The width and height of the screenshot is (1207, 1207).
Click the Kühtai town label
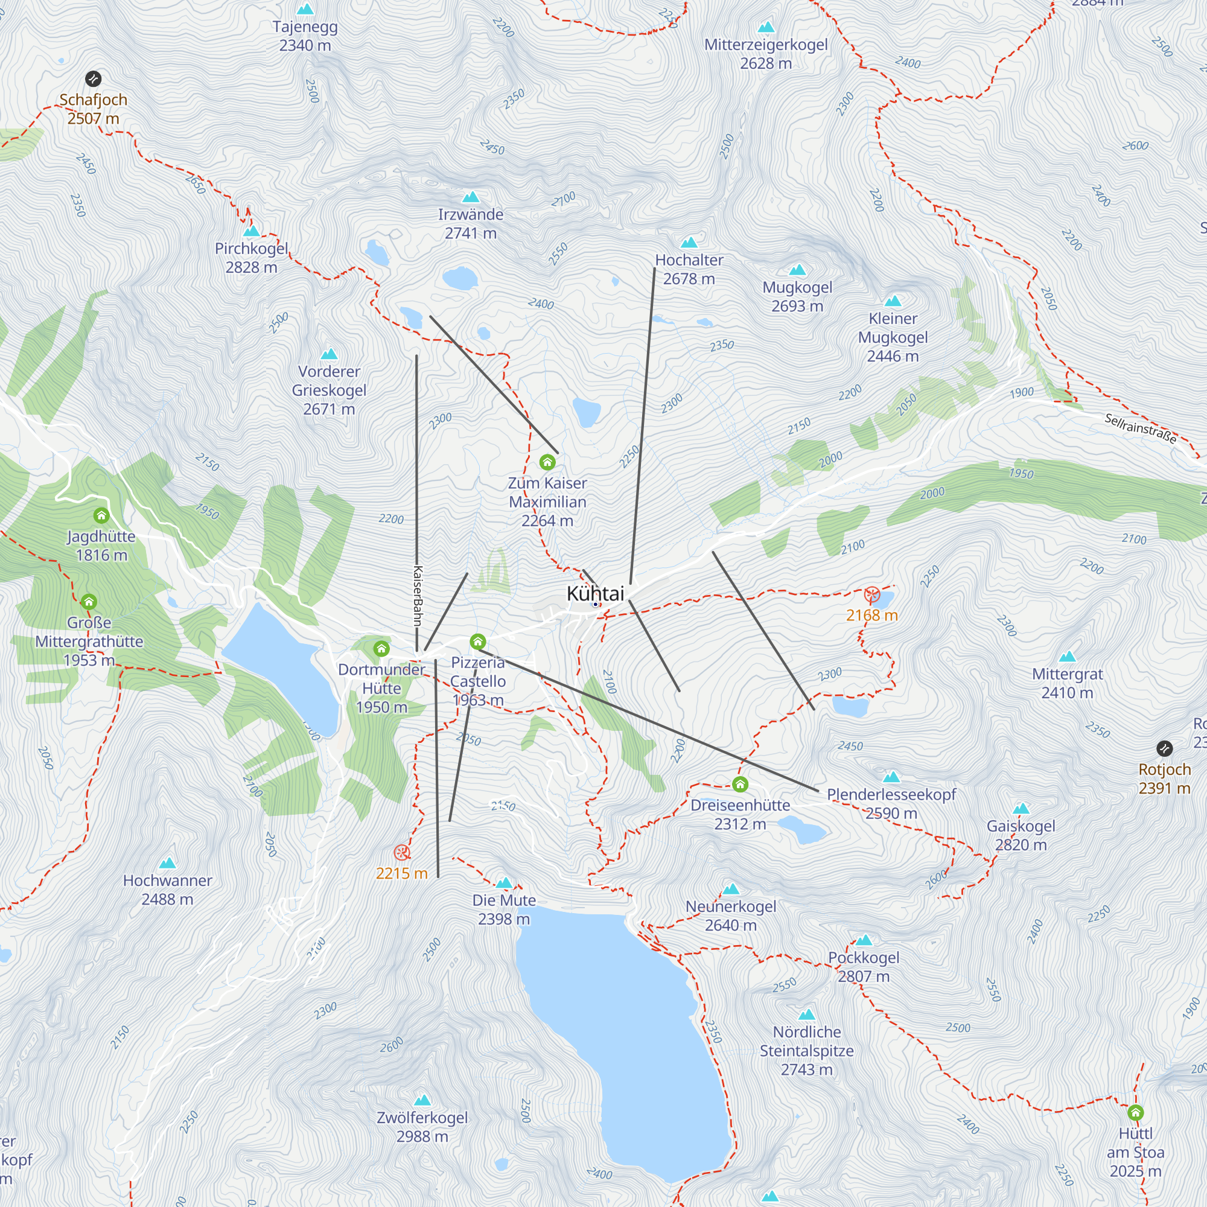(595, 593)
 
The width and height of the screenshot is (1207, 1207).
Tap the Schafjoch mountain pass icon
(93, 78)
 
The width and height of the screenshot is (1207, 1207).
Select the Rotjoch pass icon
(1164, 748)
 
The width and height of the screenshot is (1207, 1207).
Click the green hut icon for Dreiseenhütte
(740, 784)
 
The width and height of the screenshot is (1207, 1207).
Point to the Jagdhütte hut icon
(101, 515)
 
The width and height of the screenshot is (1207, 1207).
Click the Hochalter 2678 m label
(689, 269)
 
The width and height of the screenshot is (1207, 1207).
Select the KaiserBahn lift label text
(418, 596)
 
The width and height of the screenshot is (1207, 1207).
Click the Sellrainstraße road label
(1140, 428)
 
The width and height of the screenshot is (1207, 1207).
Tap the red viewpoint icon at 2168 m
(871, 594)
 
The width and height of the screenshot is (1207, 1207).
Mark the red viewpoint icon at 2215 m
(402, 852)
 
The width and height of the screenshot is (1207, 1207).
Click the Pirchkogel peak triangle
(251, 231)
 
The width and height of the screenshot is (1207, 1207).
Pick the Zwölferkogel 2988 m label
(422, 1126)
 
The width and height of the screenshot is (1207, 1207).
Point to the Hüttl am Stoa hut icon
(1135, 1113)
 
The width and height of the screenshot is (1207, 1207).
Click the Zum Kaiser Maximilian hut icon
(547, 462)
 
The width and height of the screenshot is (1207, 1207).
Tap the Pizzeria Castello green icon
(477, 642)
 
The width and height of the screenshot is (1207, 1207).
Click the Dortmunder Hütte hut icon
(381, 649)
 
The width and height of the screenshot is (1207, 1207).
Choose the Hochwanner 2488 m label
(167, 889)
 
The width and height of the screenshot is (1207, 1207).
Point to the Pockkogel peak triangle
(864, 940)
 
